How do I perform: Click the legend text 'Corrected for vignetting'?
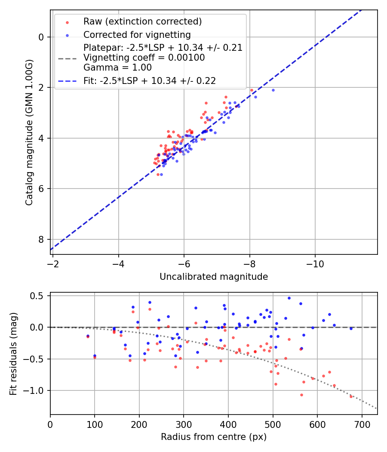click(x=137, y=34)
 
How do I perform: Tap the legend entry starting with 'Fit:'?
click(x=149, y=80)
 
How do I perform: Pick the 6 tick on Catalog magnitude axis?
click(x=41, y=189)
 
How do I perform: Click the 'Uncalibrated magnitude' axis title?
click(x=214, y=277)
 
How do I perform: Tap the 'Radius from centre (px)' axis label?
click(x=214, y=437)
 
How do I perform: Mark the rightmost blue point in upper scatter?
click(x=273, y=90)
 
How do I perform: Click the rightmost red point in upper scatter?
click(x=252, y=90)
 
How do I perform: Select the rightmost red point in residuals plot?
click(x=351, y=396)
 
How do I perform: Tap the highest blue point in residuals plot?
click(x=289, y=298)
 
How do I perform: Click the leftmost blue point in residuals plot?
click(x=88, y=336)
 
